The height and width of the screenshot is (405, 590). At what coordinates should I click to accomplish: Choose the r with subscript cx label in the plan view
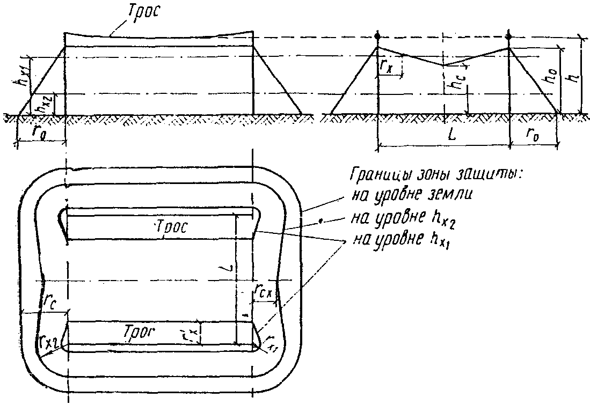[x=265, y=292]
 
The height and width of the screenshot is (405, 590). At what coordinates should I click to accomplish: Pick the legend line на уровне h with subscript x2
[x=407, y=218]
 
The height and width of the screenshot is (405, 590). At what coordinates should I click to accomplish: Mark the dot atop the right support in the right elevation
[x=509, y=36]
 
